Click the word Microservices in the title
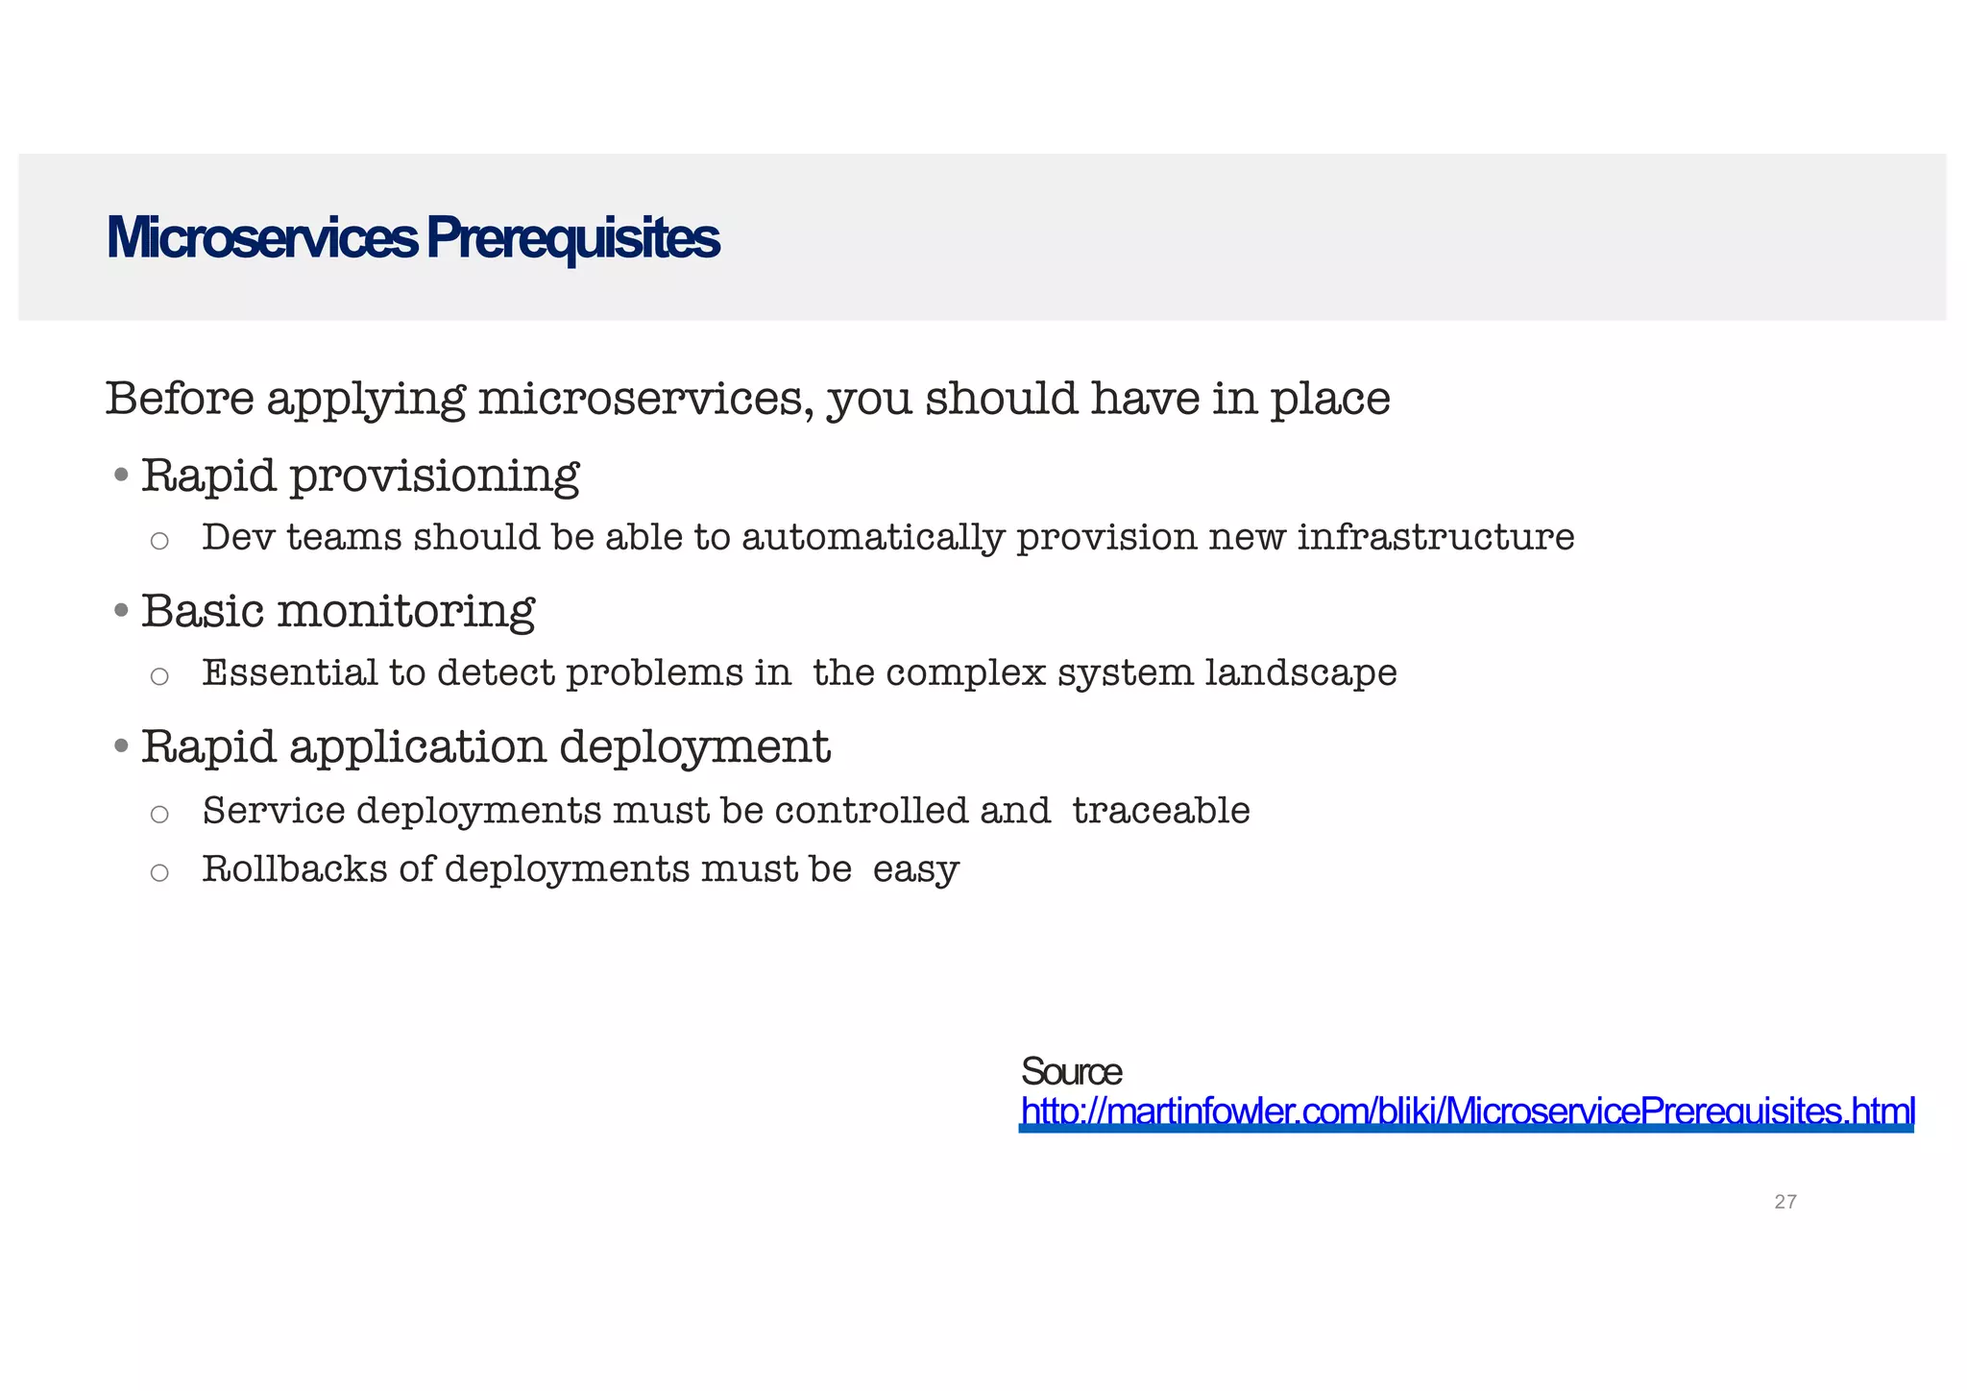tap(261, 237)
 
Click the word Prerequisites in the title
tap(572, 239)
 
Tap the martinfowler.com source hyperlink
tap(1467, 1111)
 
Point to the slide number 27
tap(1785, 1202)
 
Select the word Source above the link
tap(1071, 1071)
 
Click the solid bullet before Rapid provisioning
tap(121, 475)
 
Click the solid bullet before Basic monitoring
tap(121, 610)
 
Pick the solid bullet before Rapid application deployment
tap(121, 745)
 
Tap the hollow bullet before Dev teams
tap(159, 541)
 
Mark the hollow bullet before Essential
tap(159, 676)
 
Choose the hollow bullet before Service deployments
tap(159, 815)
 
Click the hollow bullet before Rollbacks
tap(159, 872)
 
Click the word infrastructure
tap(1435, 537)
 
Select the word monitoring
tap(405, 612)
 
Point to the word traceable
tap(1160, 811)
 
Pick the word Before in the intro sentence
tap(180, 399)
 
